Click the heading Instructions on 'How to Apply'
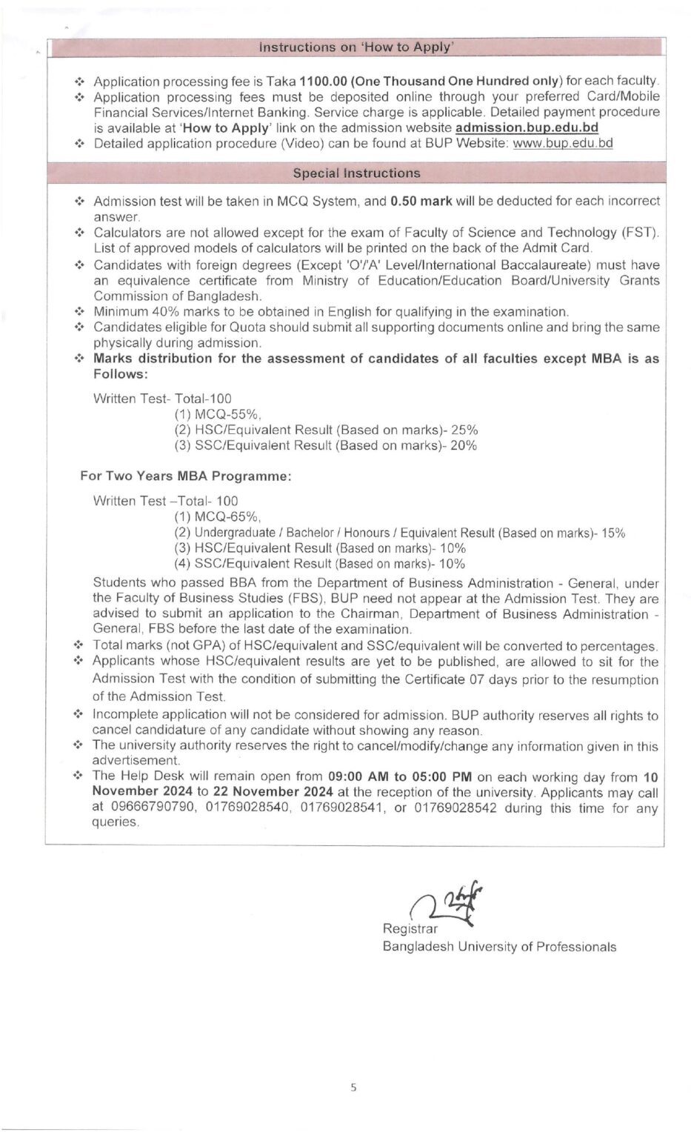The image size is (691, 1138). click(x=356, y=47)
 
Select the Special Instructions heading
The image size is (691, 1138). click(x=356, y=173)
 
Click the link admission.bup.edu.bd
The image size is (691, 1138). click(x=527, y=127)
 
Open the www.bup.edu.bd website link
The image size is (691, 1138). click(x=563, y=143)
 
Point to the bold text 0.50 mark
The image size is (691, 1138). click(x=421, y=201)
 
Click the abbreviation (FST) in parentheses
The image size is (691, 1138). click(x=642, y=233)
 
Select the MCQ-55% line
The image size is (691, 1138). click(x=218, y=414)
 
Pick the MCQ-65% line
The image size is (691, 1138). click(x=218, y=516)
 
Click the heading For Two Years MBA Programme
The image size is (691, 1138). click(x=186, y=476)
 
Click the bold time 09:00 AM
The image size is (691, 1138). click(x=358, y=776)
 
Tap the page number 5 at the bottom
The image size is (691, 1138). click(x=353, y=1088)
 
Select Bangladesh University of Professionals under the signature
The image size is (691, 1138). click(x=499, y=946)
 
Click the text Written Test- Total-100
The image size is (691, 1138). click(x=162, y=399)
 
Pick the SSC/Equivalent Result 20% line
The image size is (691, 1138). click(x=326, y=445)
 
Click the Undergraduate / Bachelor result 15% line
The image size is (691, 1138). click(x=400, y=533)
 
